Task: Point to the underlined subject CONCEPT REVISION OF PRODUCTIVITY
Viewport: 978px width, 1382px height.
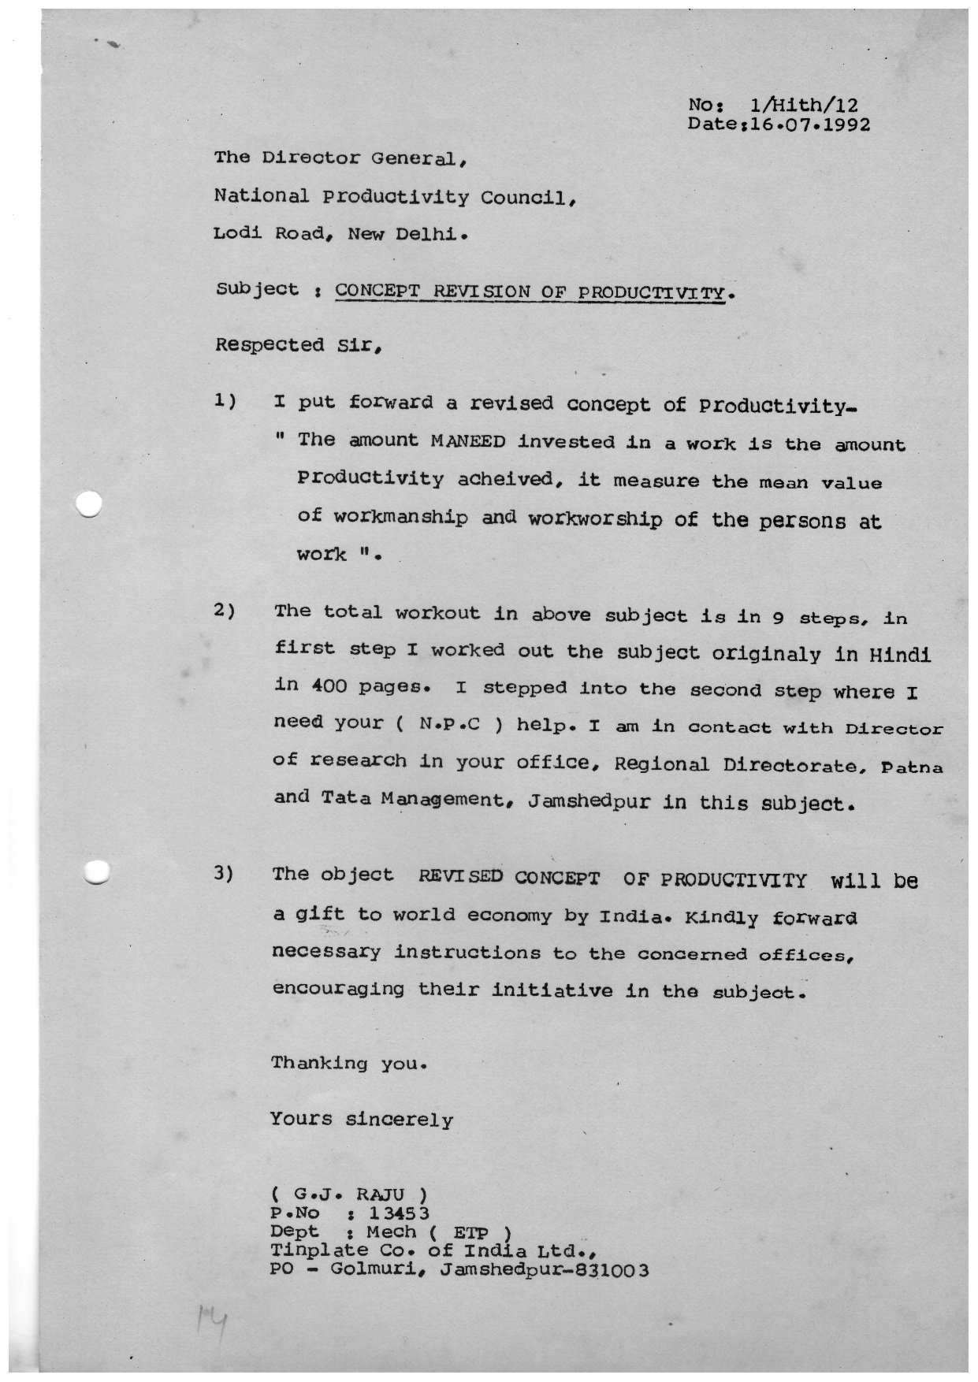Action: (x=529, y=291)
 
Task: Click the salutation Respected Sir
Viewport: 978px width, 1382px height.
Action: (x=270, y=346)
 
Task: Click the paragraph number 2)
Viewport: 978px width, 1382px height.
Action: (x=225, y=612)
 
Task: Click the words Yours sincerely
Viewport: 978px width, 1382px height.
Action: (x=362, y=1119)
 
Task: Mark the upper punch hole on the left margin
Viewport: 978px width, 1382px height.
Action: (x=91, y=504)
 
